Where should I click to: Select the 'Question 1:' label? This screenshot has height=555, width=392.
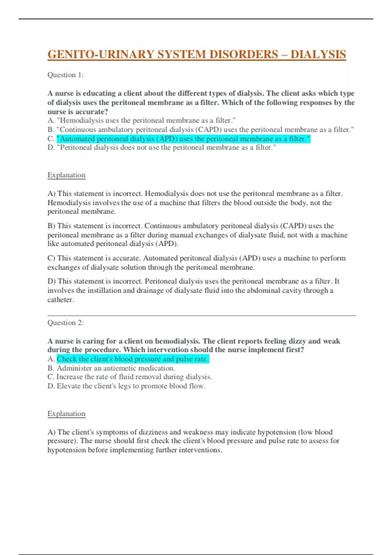click(x=65, y=75)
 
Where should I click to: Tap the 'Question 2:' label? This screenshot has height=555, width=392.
click(x=65, y=323)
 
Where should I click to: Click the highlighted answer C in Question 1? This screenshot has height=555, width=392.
click(x=183, y=139)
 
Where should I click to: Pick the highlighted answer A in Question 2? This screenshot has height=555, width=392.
click(x=133, y=359)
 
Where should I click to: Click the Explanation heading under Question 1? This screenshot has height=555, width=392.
click(x=66, y=175)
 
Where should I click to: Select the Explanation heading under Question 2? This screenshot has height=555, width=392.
click(x=66, y=414)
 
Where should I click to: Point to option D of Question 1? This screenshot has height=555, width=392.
click(x=162, y=148)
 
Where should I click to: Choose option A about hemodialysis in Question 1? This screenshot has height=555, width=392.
click(x=142, y=120)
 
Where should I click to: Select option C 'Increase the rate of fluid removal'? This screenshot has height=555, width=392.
click(x=134, y=377)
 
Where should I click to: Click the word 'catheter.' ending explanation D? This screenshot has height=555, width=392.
click(x=61, y=300)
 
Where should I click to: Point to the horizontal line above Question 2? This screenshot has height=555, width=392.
click(x=202, y=316)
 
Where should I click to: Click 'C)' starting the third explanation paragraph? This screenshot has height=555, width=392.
click(x=51, y=258)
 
